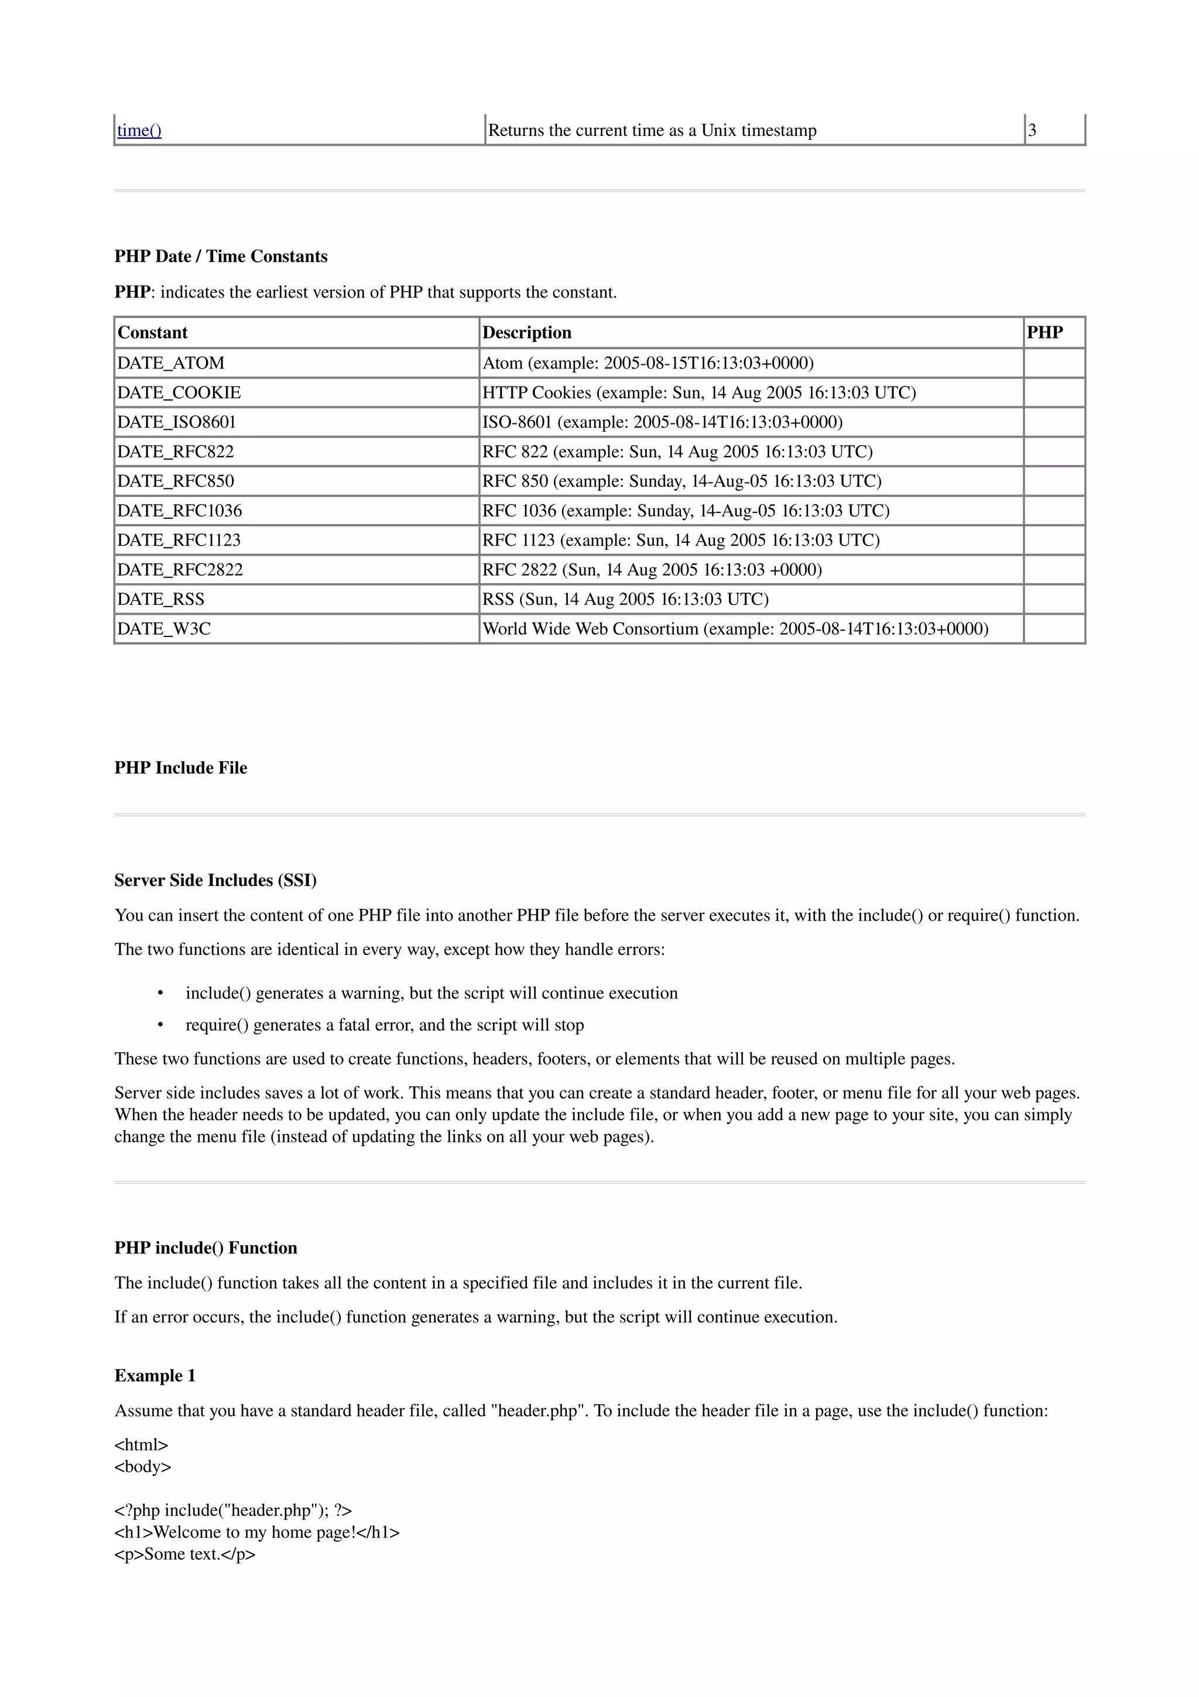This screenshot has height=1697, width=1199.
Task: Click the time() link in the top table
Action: coord(139,131)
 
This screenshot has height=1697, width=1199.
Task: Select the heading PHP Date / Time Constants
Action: coord(221,256)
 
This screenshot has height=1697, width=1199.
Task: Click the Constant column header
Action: coord(153,333)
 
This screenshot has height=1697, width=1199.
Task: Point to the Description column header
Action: coord(527,333)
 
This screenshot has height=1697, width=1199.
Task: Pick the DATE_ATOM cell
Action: coord(170,363)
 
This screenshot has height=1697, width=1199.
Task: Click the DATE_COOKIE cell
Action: coord(179,392)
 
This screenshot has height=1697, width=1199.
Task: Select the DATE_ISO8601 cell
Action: coord(177,422)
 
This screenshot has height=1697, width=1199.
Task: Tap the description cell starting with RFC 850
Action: coord(681,481)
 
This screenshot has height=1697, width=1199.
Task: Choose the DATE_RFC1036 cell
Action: coord(180,511)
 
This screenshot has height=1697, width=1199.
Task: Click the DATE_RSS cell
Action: coord(161,600)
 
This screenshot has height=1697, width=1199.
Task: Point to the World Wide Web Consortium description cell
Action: coord(735,629)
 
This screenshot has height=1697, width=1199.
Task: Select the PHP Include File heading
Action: coord(181,768)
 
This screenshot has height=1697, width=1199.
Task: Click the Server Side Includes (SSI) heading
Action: coord(215,880)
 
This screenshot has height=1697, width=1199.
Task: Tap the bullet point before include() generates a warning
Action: coord(160,993)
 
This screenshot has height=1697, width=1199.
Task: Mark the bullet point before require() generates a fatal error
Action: coord(160,1025)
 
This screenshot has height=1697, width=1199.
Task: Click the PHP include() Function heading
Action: coord(205,1248)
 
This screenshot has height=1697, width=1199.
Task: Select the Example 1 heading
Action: coord(155,1376)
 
